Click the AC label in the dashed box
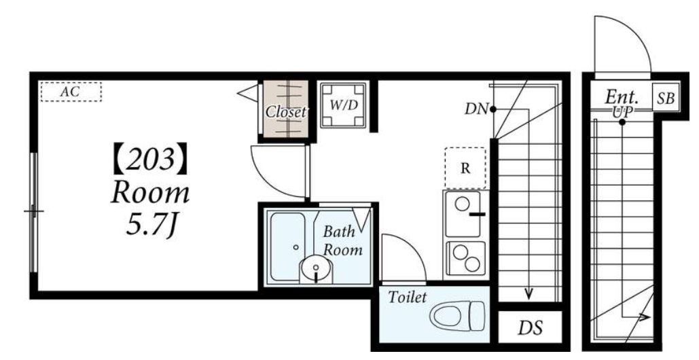click(x=70, y=92)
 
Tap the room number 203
click(x=150, y=158)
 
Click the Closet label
click(x=286, y=112)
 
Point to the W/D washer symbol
click(x=344, y=105)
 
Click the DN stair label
click(x=476, y=109)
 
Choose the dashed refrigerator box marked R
click(x=465, y=168)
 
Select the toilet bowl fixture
click(x=457, y=316)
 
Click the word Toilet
click(x=408, y=298)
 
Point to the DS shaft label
click(x=530, y=328)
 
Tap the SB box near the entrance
click(x=666, y=98)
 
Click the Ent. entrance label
click(x=622, y=96)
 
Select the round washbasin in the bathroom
click(x=316, y=269)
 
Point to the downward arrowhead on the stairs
click(x=528, y=293)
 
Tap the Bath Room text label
click(x=342, y=240)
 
